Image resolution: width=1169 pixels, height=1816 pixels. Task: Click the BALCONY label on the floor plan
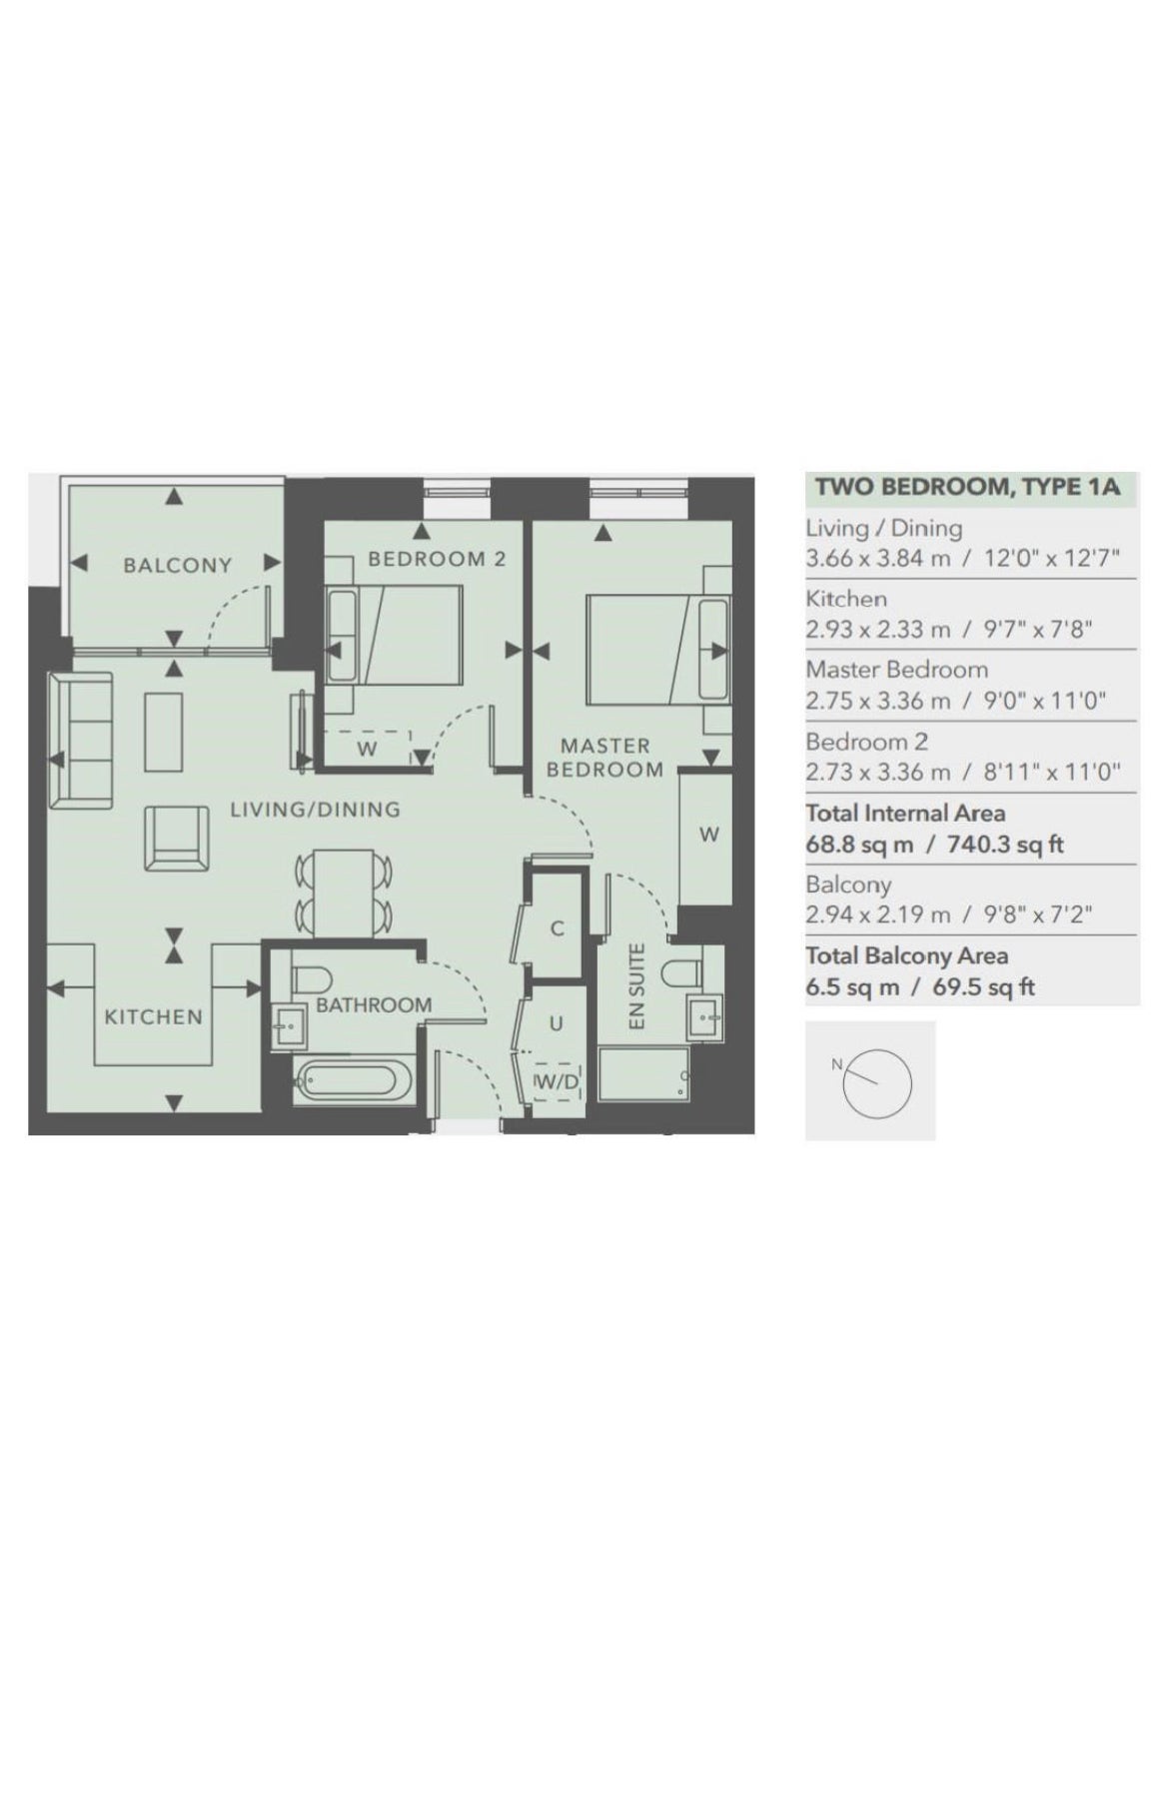point(177,566)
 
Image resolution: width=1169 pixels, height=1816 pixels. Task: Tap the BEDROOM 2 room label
point(437,559)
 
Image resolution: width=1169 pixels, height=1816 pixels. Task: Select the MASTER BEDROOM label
point(604,758)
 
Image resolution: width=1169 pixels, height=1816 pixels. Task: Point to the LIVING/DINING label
point(315,810)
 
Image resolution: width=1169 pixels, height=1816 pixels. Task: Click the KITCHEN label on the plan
point(154,1016)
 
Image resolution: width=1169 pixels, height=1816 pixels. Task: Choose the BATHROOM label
point(374,1004)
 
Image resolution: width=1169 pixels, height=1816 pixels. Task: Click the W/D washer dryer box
point(558,1081)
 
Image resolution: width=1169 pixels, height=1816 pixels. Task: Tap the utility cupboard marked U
point(556,1023)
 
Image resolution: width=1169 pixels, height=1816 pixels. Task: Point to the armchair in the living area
point(177,838)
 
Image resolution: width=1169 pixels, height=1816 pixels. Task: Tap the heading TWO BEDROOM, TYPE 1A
point(967,488)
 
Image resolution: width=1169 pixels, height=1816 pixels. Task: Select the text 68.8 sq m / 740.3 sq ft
point(934,845)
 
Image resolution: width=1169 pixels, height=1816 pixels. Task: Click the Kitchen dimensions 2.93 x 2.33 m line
point(948,630)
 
